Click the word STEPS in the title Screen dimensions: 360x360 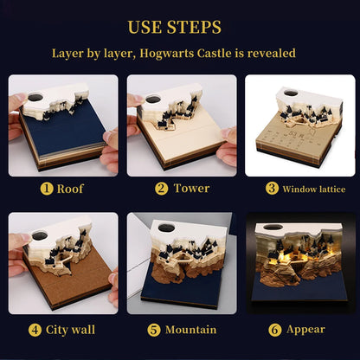coord(194,27)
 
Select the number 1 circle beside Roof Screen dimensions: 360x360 coord(47,189)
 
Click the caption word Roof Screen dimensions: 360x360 coord(70,189)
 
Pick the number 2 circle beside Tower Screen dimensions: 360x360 coord(161,189)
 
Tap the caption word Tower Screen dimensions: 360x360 coord(191,189)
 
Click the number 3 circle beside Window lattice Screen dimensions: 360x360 coord(272,188)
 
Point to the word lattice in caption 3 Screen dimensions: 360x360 coord(330,190)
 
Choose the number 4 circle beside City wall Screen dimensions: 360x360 coord(35,330)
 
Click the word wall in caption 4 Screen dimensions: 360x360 coord(83,330)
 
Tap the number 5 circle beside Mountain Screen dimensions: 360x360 coord(154,330)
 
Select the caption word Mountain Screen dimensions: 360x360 coord(190,330)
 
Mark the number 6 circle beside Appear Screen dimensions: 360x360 coord(275,330)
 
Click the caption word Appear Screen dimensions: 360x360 coord(305,330)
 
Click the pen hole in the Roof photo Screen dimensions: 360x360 coord(35,97)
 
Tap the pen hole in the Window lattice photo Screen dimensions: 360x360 coord(291,93)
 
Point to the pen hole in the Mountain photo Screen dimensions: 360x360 coord(167,228)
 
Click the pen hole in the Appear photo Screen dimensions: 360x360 coord(273,227)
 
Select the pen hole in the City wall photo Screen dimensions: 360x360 coord(40,235)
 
